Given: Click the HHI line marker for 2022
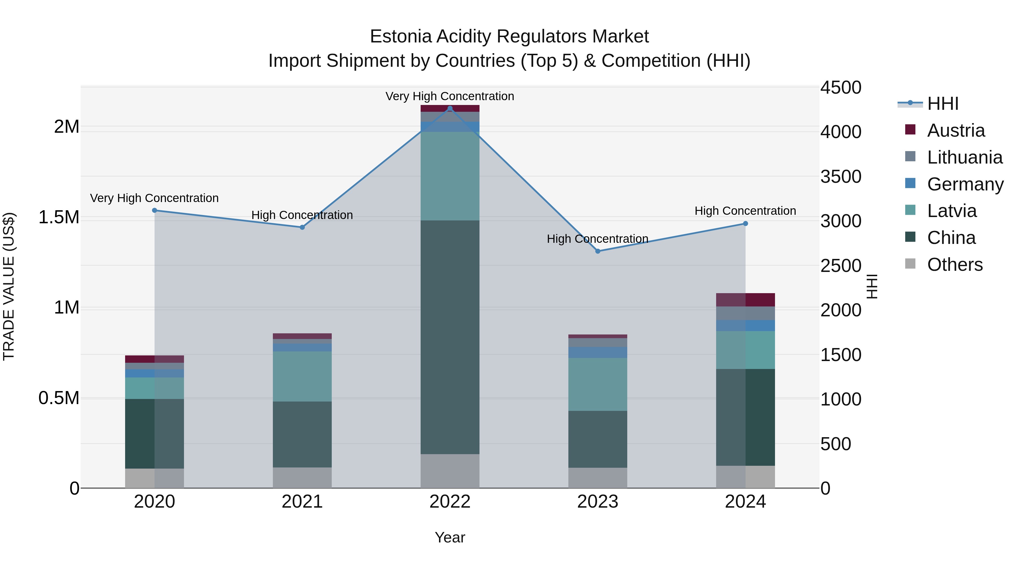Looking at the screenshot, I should point(450,108).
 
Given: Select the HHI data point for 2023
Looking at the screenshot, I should point(598,251).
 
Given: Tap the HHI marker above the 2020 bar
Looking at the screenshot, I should point(155,210).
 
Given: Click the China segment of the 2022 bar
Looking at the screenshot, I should point(450,336).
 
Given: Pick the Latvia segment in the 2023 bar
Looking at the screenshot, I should point(598,384).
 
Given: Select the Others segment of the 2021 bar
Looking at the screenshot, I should point(302,477).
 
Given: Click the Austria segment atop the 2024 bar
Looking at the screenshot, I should point(745,300).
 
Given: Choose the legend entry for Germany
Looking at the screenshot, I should point(965,184).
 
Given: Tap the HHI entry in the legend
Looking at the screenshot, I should point(943,104).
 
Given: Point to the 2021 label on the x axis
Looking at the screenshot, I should point(302,502).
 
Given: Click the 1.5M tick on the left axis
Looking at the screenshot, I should point(59,217).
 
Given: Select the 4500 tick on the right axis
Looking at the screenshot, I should point(841,87).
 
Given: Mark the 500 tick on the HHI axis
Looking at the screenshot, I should point(836,444).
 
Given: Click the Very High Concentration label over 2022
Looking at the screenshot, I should point(450,96).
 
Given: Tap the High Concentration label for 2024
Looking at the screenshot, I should point(745,211).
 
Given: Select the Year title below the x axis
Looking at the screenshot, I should point(450,537).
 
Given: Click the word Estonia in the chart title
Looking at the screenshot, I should point(400,37).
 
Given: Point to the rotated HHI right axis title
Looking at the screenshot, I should point(872,286).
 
